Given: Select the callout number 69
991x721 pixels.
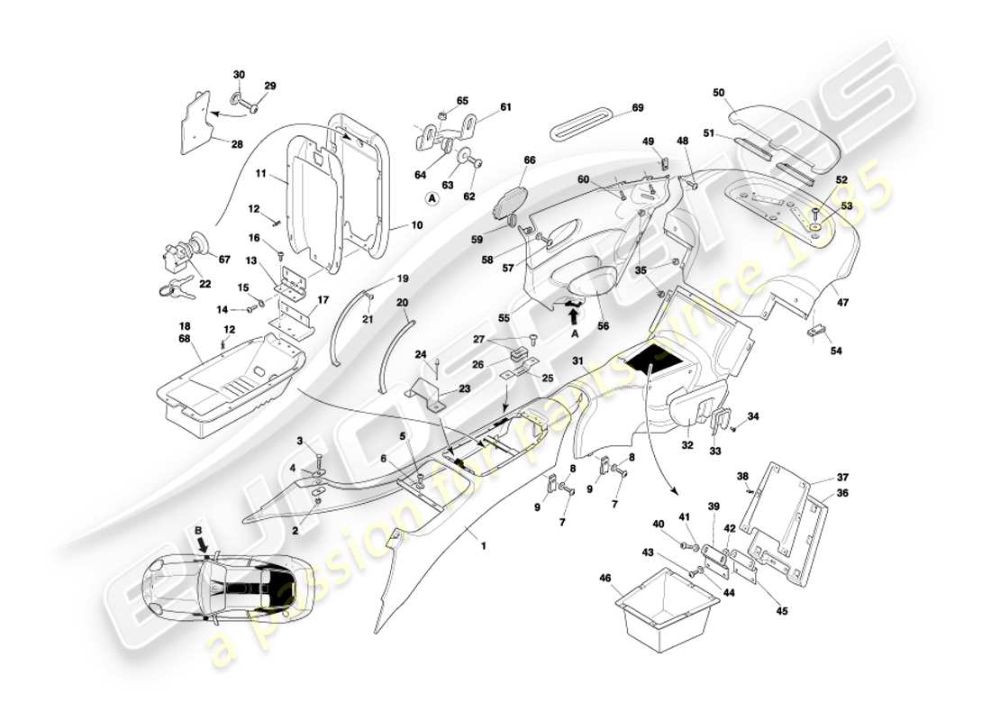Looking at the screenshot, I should (x=638, y=108).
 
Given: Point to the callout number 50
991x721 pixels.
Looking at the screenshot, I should (x=719, y=92).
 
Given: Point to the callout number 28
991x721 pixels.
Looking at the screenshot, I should (x=237, y=144).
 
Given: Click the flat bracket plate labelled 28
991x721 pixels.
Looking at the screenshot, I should (x=196, y=122).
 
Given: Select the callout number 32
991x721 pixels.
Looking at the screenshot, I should (x=686, y=444).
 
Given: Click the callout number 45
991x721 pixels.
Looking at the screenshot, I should (x=781, y=611).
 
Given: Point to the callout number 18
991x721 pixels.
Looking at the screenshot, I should (x=184, y=327).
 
